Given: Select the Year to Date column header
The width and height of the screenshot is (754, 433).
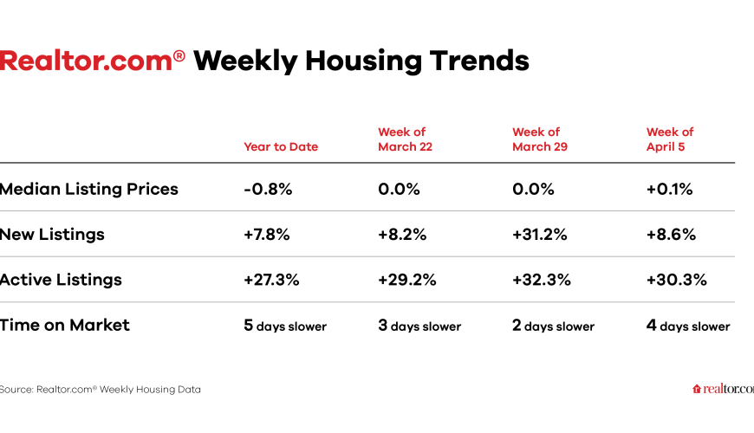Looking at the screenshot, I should (281, 146).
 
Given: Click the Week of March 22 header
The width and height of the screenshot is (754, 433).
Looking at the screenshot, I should (405, 139).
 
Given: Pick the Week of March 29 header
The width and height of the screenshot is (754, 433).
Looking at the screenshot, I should (540, 139).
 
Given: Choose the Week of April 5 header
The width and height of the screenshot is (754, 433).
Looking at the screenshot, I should (670, 139).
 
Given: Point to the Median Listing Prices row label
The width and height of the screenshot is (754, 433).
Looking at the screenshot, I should (88, 188).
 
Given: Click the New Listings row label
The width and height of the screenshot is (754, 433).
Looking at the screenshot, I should (52, 234).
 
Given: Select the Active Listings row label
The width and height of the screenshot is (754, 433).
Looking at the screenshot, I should (61, 280).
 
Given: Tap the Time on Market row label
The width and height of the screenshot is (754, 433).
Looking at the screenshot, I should (64, 326).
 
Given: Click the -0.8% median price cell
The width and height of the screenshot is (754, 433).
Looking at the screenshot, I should (267, 188).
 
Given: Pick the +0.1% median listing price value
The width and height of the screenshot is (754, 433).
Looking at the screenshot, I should (669, 188).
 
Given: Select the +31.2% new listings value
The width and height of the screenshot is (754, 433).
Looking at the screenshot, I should (541, 234).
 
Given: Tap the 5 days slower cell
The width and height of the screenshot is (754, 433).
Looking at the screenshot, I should (285, 326).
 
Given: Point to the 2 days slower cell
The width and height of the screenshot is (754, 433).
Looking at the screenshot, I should (553, 326).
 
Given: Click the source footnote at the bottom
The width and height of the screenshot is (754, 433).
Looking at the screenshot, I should (100, 390).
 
